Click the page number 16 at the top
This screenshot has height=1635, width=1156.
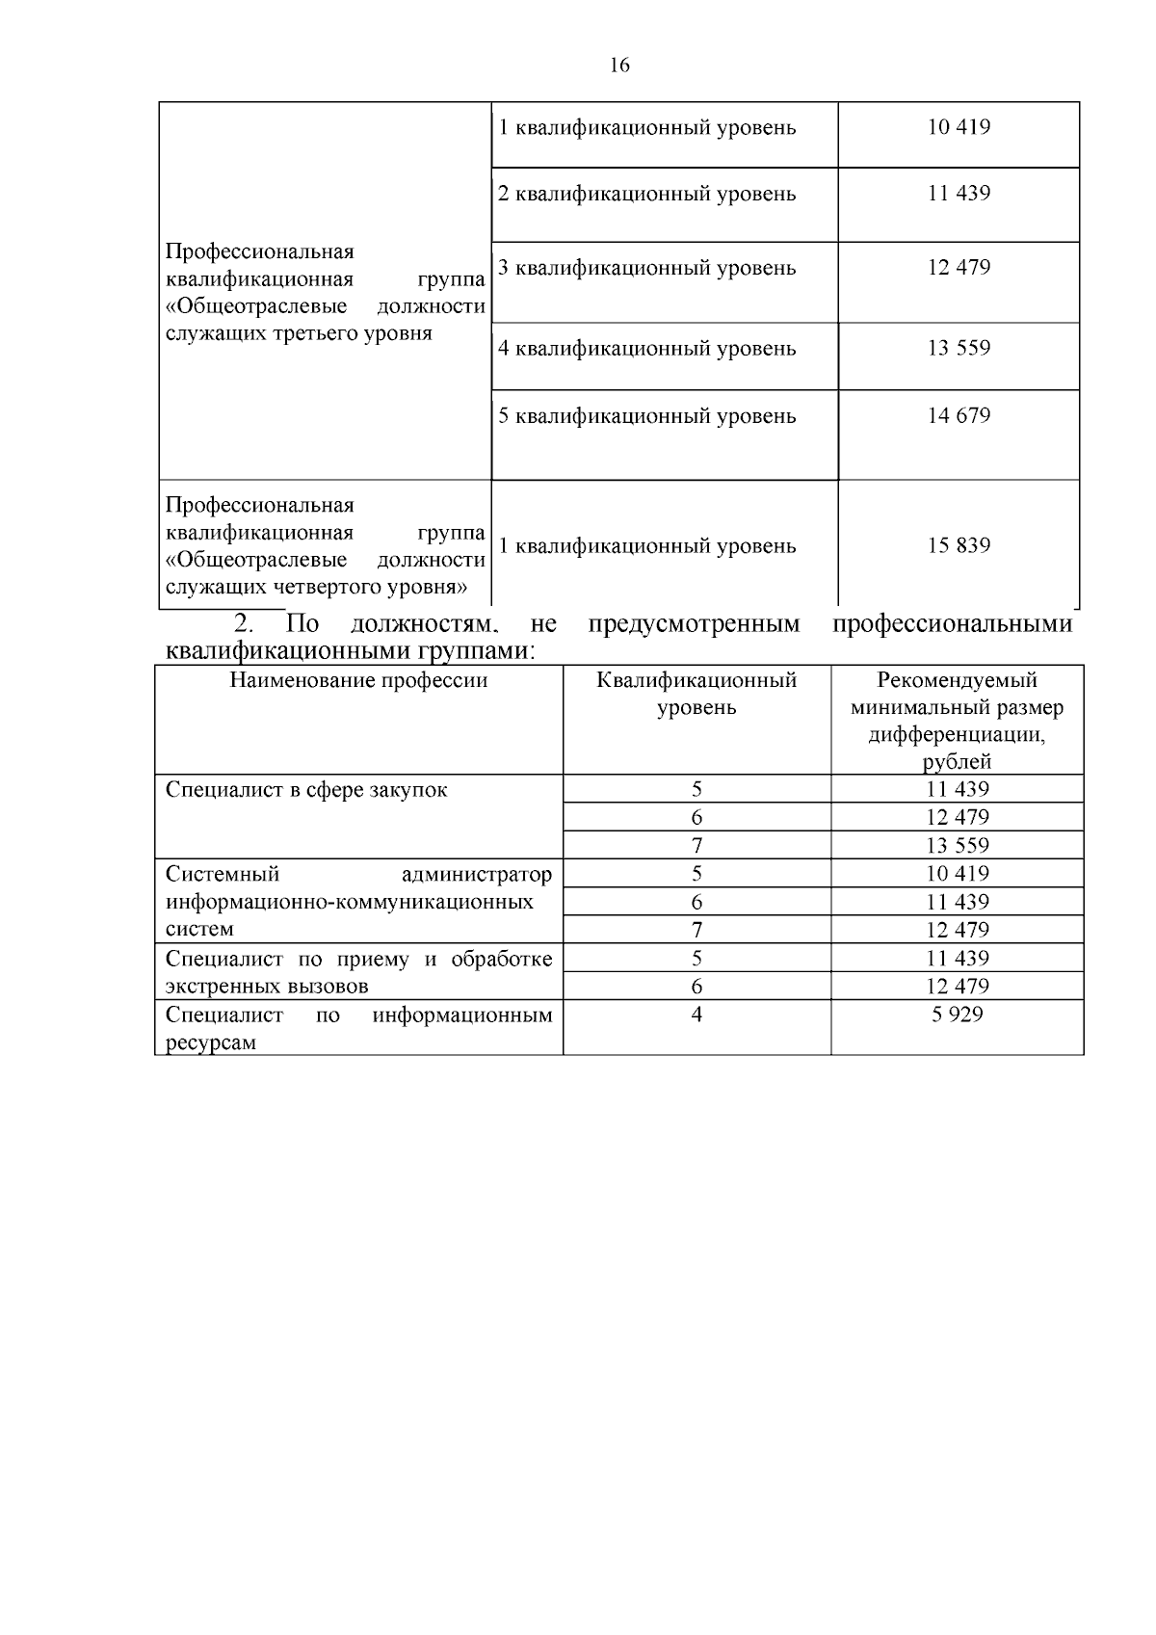[619, 66]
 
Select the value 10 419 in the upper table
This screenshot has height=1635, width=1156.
[959, 127]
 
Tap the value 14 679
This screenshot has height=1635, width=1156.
[959, 415]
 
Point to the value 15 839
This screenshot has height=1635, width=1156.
[959, 545]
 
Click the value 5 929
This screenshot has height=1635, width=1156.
[957, 1015]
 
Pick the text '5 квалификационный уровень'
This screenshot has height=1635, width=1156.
[646, 416]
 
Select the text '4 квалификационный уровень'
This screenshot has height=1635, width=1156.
[646, 348]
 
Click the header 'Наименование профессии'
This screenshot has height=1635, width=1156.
[358, 681]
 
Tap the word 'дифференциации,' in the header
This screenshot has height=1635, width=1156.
[957, 735]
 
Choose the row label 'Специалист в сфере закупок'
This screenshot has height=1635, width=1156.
[306, 790]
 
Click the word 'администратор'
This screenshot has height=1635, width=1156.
[477, 875]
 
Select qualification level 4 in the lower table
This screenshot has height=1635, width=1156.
[696, 1015]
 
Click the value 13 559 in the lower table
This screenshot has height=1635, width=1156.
[957, 846]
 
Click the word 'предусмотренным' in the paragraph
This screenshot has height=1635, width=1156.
[693, 624]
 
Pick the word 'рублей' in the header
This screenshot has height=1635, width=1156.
[957, 762]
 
